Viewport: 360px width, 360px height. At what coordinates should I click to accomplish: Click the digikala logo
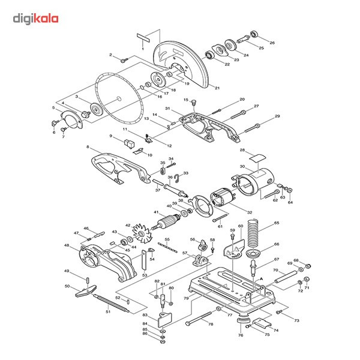[36, 19]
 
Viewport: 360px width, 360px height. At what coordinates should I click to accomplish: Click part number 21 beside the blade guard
[217, 88]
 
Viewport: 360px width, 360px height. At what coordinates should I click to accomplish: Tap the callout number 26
[272, 43]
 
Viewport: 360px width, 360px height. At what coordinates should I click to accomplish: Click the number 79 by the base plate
[186, 298]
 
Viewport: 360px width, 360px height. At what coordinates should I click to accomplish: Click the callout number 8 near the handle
[88, 147]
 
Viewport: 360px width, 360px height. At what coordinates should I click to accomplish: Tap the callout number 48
[66, 245]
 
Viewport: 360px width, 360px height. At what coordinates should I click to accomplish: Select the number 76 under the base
[240, 335]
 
